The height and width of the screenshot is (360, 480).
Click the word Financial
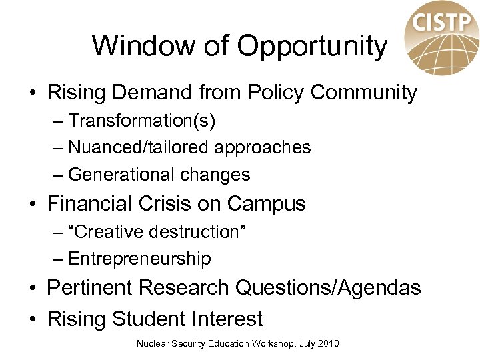click(96, 203)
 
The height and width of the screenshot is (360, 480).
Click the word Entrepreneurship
click(139, 259)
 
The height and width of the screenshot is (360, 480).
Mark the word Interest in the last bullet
click(225, 319)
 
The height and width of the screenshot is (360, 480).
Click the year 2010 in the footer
click(328, 343)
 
